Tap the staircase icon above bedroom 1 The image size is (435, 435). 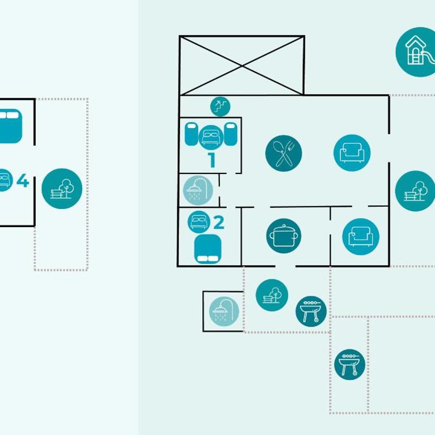click(x=220, y=106)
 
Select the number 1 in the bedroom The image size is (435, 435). click(x=212, y=160)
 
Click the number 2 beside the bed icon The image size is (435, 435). click(x=219, y=223)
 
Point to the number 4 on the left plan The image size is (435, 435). click(x=23, y=180)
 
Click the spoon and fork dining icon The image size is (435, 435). click(x=284, y=153)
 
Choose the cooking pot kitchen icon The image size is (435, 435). click(x=284, y=236)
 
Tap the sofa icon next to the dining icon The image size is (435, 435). click(x=352, y=153)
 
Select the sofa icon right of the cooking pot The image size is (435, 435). click(x=361, y=236)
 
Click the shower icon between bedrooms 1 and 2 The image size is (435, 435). click(x=198, y=190)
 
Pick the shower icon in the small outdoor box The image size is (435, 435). click(x=224, y=312)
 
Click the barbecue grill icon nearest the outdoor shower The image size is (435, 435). click(x=311, y=312)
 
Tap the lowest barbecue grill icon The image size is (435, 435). click(x=349, y=365)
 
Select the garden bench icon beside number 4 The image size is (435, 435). click(x=62, y=189)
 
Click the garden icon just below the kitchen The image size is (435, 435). click(x=272, y=295)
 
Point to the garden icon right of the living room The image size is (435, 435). click(x=415, y=191)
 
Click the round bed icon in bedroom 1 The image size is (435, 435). click(x=211, y=137)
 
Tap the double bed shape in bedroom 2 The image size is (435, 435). click(x=208, y=249)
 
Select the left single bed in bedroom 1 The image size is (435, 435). click(x=191, y=134)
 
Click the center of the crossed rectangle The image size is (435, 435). click(x=242, y=66)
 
